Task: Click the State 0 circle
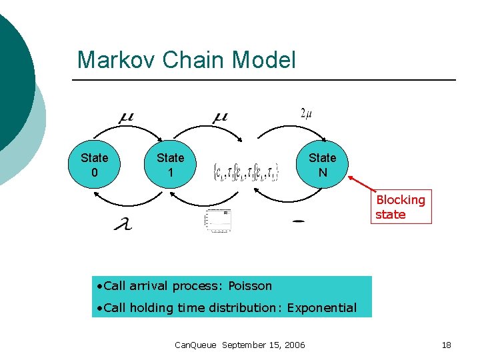coord(93,165)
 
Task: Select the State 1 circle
coord(170,165)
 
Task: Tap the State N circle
coord(322,165)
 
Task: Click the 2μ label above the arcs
coord(307,113)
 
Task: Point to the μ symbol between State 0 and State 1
coord(125,117)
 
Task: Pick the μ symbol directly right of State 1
coord(220,117)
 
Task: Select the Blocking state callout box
coord(400,207)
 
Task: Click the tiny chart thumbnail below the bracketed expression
coord(217,221)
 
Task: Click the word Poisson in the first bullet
coord(250,286)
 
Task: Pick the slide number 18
coord(446,345)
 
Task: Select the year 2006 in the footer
coord(294,345)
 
